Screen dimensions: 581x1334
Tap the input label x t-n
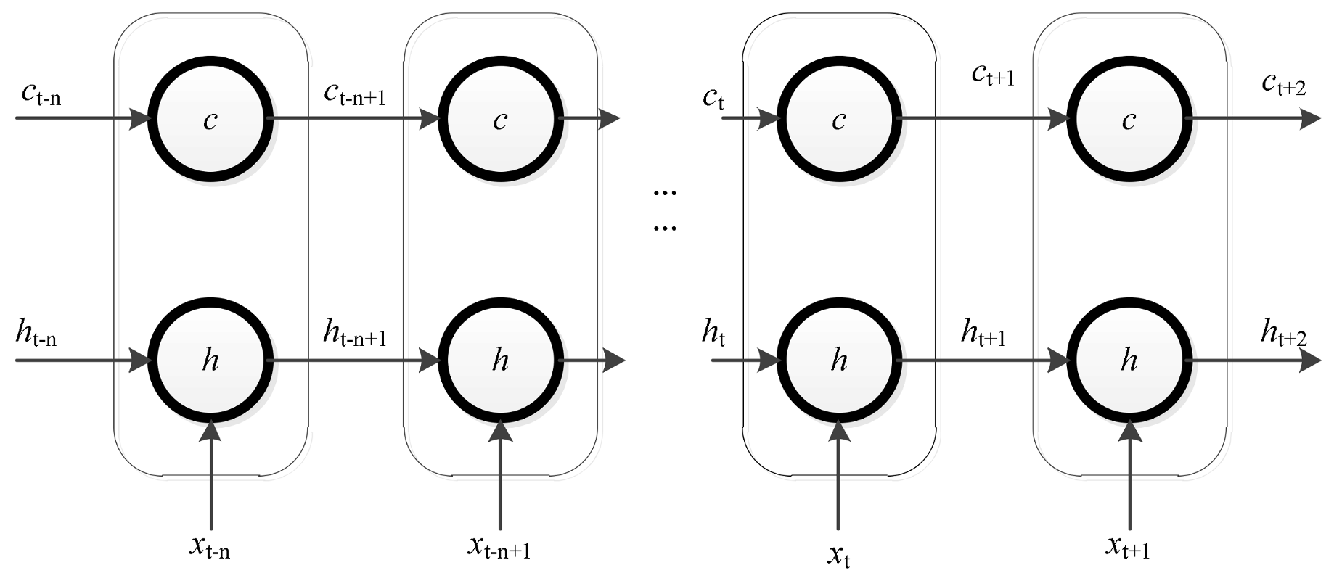click(x=210, y=549)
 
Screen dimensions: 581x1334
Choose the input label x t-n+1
click(x=499, y=548)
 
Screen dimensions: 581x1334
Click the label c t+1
click(x=993, y=74)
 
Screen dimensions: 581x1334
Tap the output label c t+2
click(x=1283, y=85)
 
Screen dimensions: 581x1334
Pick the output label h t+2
click(x=1283, y=334)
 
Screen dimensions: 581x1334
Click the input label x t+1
click(x=1128, y=548)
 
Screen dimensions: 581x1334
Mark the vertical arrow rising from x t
click(x=838, y=479)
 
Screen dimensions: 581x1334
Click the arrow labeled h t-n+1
click(x=355, y=359)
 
